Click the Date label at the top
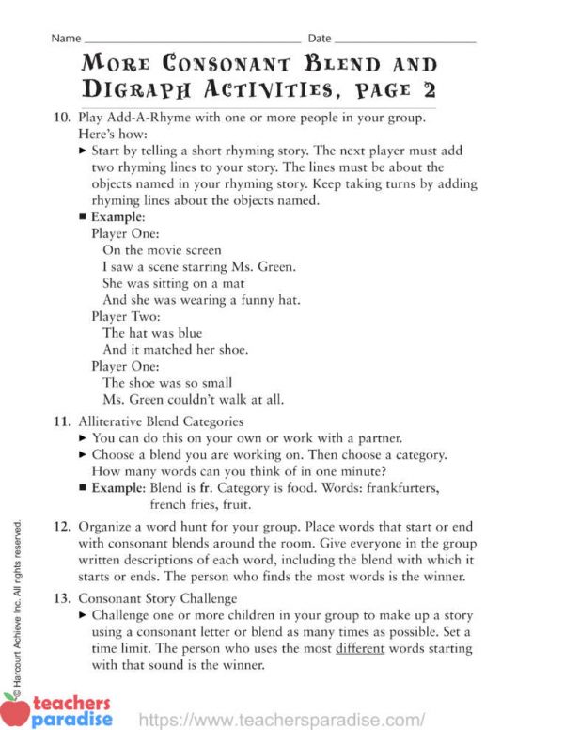coord(320,39)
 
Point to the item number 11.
coord(61,421)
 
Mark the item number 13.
coord(61,598)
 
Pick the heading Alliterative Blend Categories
coord(161,421)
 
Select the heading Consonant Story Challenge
coord(157,598)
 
